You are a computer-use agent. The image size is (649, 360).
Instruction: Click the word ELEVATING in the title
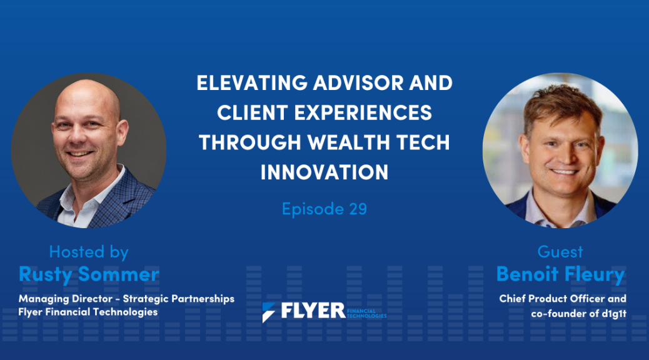coord(252,82)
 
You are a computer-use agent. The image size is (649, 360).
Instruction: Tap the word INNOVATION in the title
coord(324,172)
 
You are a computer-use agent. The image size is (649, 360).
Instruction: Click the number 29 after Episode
coord(358,209)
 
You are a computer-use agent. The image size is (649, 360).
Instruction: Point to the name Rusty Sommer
coord(89,274)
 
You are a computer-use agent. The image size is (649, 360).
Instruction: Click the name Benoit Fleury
coord(560,274)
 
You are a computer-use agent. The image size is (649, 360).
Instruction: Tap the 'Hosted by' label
coord(89,252)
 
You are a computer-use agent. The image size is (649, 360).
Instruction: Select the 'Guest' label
coord(560,252)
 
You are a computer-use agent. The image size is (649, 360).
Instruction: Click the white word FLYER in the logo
coord(313,311)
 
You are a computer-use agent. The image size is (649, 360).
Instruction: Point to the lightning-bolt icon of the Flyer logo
coord(268,312)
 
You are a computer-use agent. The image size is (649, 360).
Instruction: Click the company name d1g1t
coord(614,314)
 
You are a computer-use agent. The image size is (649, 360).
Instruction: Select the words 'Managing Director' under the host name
coord(66,299)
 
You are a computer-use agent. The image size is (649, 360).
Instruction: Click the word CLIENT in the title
coord(252,112)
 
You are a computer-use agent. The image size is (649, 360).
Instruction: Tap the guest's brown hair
coord(561,101)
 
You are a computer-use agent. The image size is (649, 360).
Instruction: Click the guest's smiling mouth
coord(564,171)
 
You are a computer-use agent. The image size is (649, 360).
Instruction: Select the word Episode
coord(313,209)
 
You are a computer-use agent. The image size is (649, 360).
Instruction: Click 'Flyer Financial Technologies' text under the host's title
coord(88,312)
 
